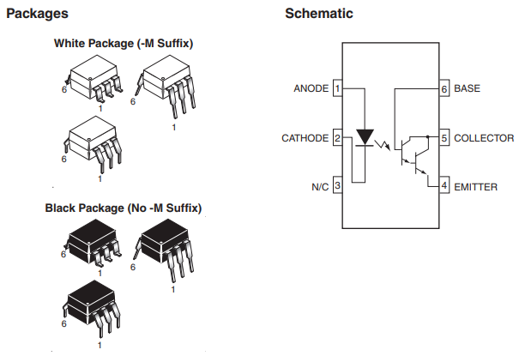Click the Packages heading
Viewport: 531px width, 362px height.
[37, 14]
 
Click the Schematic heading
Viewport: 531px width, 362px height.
[319, 14]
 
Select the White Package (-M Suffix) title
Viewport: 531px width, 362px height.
[124, 44]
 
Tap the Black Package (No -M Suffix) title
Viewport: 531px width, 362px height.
[124, 208]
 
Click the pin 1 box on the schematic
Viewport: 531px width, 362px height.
[338, 88]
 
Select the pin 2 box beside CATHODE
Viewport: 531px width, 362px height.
[338, 138]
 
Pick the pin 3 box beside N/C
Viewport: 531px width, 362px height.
[338, 185]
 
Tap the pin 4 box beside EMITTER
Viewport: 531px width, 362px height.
[444, 185]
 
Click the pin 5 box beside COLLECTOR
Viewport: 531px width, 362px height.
[444, 138]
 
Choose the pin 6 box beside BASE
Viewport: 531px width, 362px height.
[444, 88]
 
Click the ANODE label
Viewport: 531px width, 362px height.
[311, 88]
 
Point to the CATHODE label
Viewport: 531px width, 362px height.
[305, 138]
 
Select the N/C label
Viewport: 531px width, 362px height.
[320, 187]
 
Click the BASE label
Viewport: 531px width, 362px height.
[467, 88]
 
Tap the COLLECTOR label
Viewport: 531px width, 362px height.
[484, 138]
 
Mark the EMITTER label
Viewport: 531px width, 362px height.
[475, 187]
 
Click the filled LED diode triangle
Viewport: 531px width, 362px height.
[365, 136]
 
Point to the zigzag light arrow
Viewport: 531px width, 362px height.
[383, 145]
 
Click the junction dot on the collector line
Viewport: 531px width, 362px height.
[427, 136]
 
